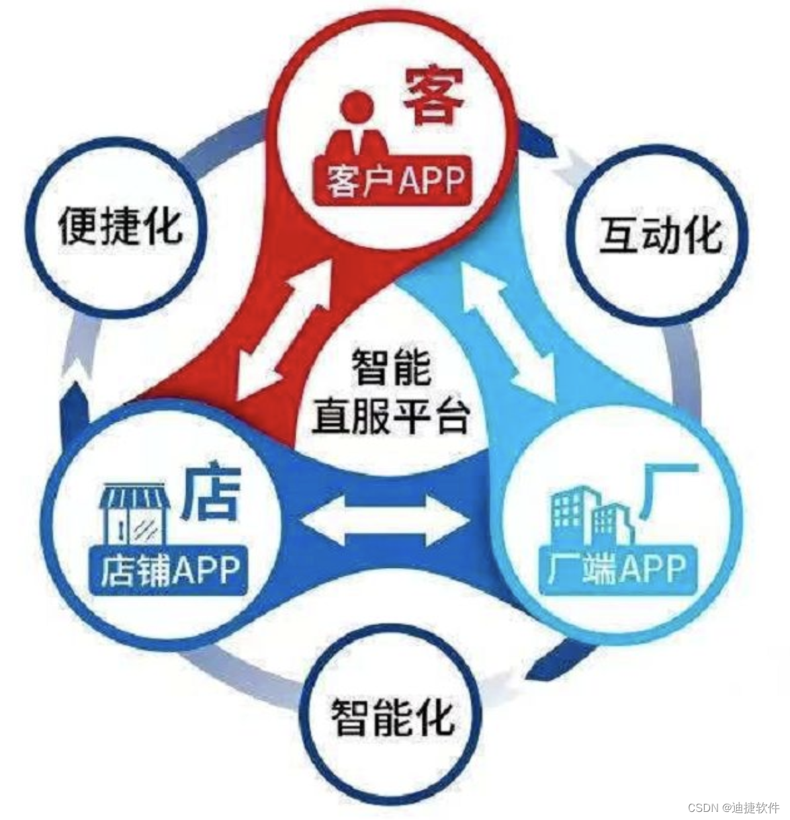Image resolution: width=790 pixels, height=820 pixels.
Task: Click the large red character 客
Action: click(434, 95)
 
